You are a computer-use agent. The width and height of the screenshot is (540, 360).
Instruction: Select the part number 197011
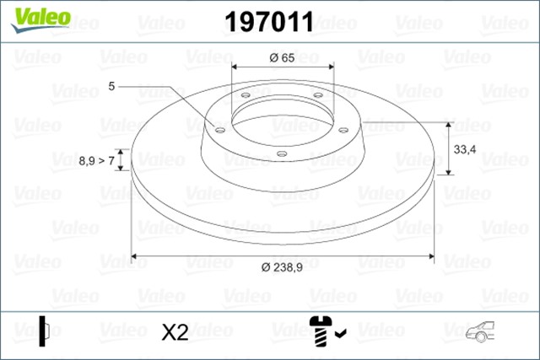click(268, 22)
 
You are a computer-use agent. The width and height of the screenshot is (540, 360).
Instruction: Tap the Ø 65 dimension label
click(282, 58)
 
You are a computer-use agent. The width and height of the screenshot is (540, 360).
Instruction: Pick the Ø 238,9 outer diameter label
click(282, 267)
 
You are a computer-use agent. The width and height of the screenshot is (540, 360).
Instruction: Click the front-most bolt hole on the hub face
click(282, 153)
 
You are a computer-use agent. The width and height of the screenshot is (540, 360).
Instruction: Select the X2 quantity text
click(174, 333)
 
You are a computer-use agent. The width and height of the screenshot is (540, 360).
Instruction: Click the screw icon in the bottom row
click(321, 330)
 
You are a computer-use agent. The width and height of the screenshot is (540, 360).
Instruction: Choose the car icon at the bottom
click(478, 332)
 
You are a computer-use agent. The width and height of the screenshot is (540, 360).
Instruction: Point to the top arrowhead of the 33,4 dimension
click(448, 124)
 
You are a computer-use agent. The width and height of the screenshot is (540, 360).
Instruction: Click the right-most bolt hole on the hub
click(343, 130)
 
